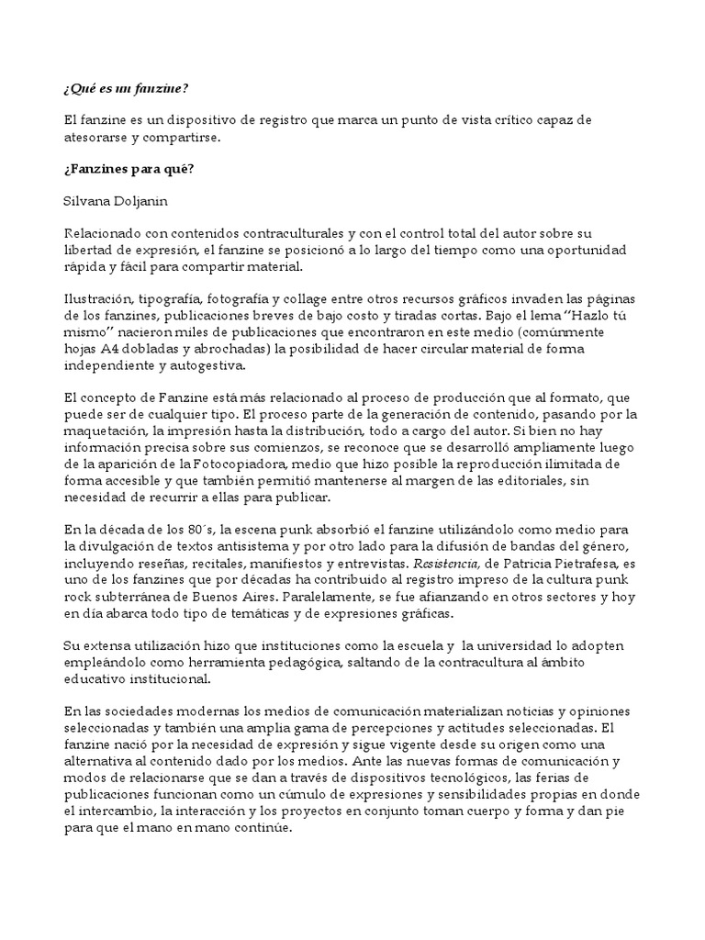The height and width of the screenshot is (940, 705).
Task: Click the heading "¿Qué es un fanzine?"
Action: coord(127,88)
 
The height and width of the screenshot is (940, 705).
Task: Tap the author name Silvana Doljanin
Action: coord(116,201)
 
